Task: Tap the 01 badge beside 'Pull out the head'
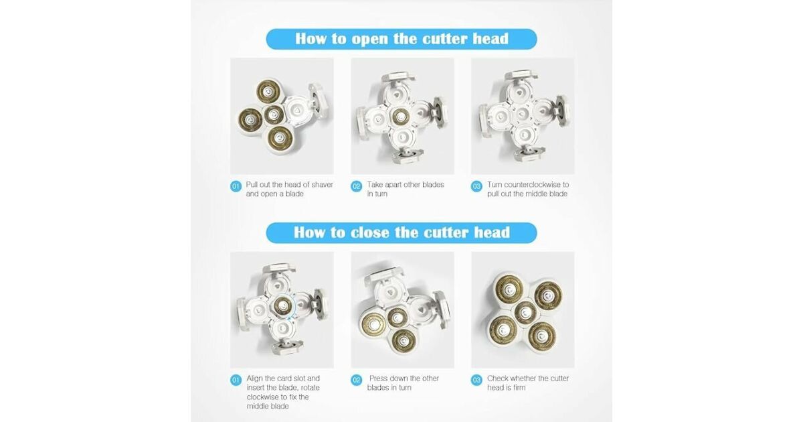[236, 186]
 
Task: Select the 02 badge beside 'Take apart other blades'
[356, 186]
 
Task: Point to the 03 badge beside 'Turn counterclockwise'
[476, 186]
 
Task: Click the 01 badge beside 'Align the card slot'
[236, 380]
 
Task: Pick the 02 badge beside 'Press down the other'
[356, 380]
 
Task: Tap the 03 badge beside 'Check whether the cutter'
[476, 380]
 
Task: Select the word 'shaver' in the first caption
[322, 184]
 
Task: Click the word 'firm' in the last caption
[518, 388]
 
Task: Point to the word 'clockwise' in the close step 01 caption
[262, 397]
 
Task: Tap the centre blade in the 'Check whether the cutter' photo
[525, 312]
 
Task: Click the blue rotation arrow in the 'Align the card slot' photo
[293, 308]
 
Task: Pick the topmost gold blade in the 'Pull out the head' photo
[268, 92]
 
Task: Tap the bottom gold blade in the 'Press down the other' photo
[404, 340]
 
